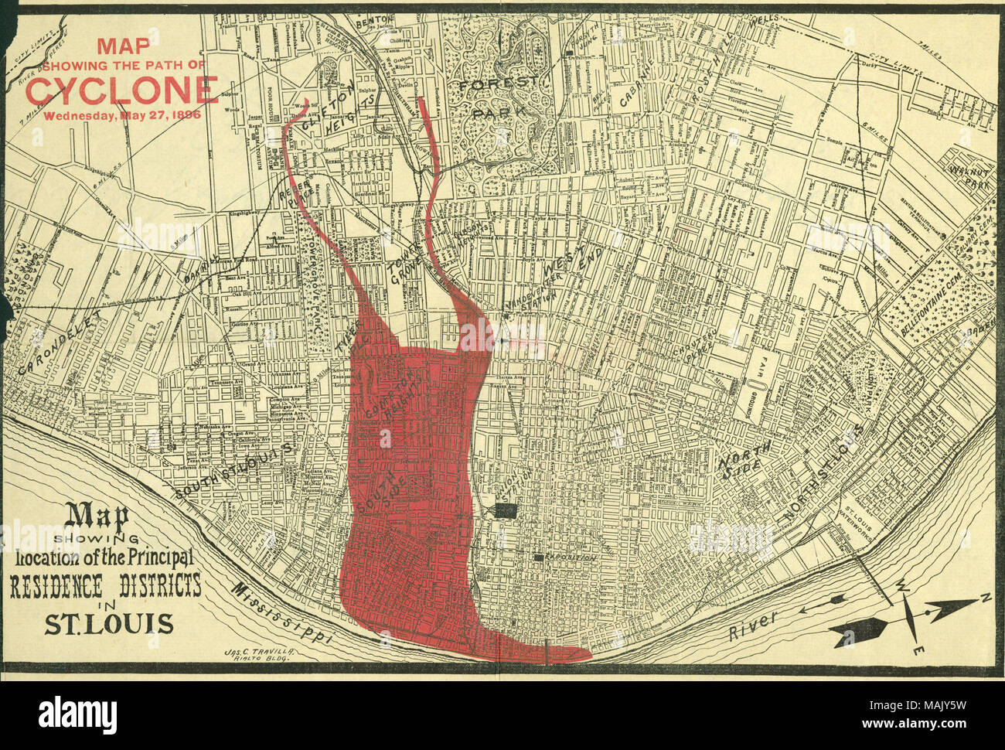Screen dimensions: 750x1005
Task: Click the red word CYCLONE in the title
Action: [x=121, y=90]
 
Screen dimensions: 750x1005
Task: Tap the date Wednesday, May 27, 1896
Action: [x=121, y=116]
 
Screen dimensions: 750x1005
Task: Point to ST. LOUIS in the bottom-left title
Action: [x=108, y=623]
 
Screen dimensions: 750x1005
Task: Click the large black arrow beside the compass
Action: [x=858, y=632]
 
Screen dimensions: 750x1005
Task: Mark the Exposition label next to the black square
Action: [x=569, y=557]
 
